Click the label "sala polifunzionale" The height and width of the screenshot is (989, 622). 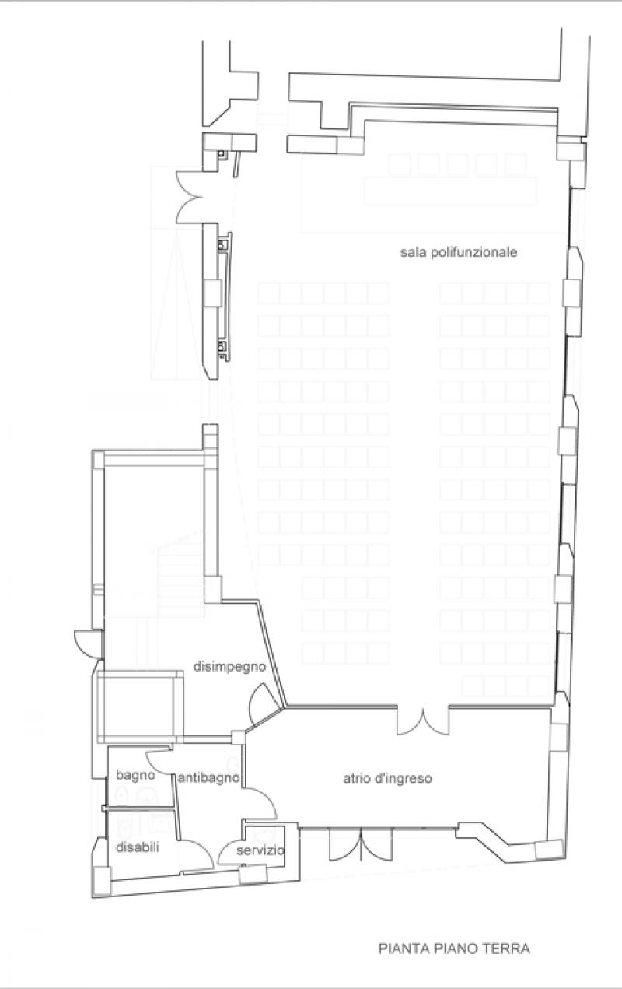(459, 253)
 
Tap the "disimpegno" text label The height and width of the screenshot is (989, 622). (230, 666)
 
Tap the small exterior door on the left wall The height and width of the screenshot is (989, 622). (87, 644)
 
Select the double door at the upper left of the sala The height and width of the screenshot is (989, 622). (190, 197)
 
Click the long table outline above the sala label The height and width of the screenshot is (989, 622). (450, 191)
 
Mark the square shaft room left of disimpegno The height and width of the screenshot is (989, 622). (140, 707)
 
